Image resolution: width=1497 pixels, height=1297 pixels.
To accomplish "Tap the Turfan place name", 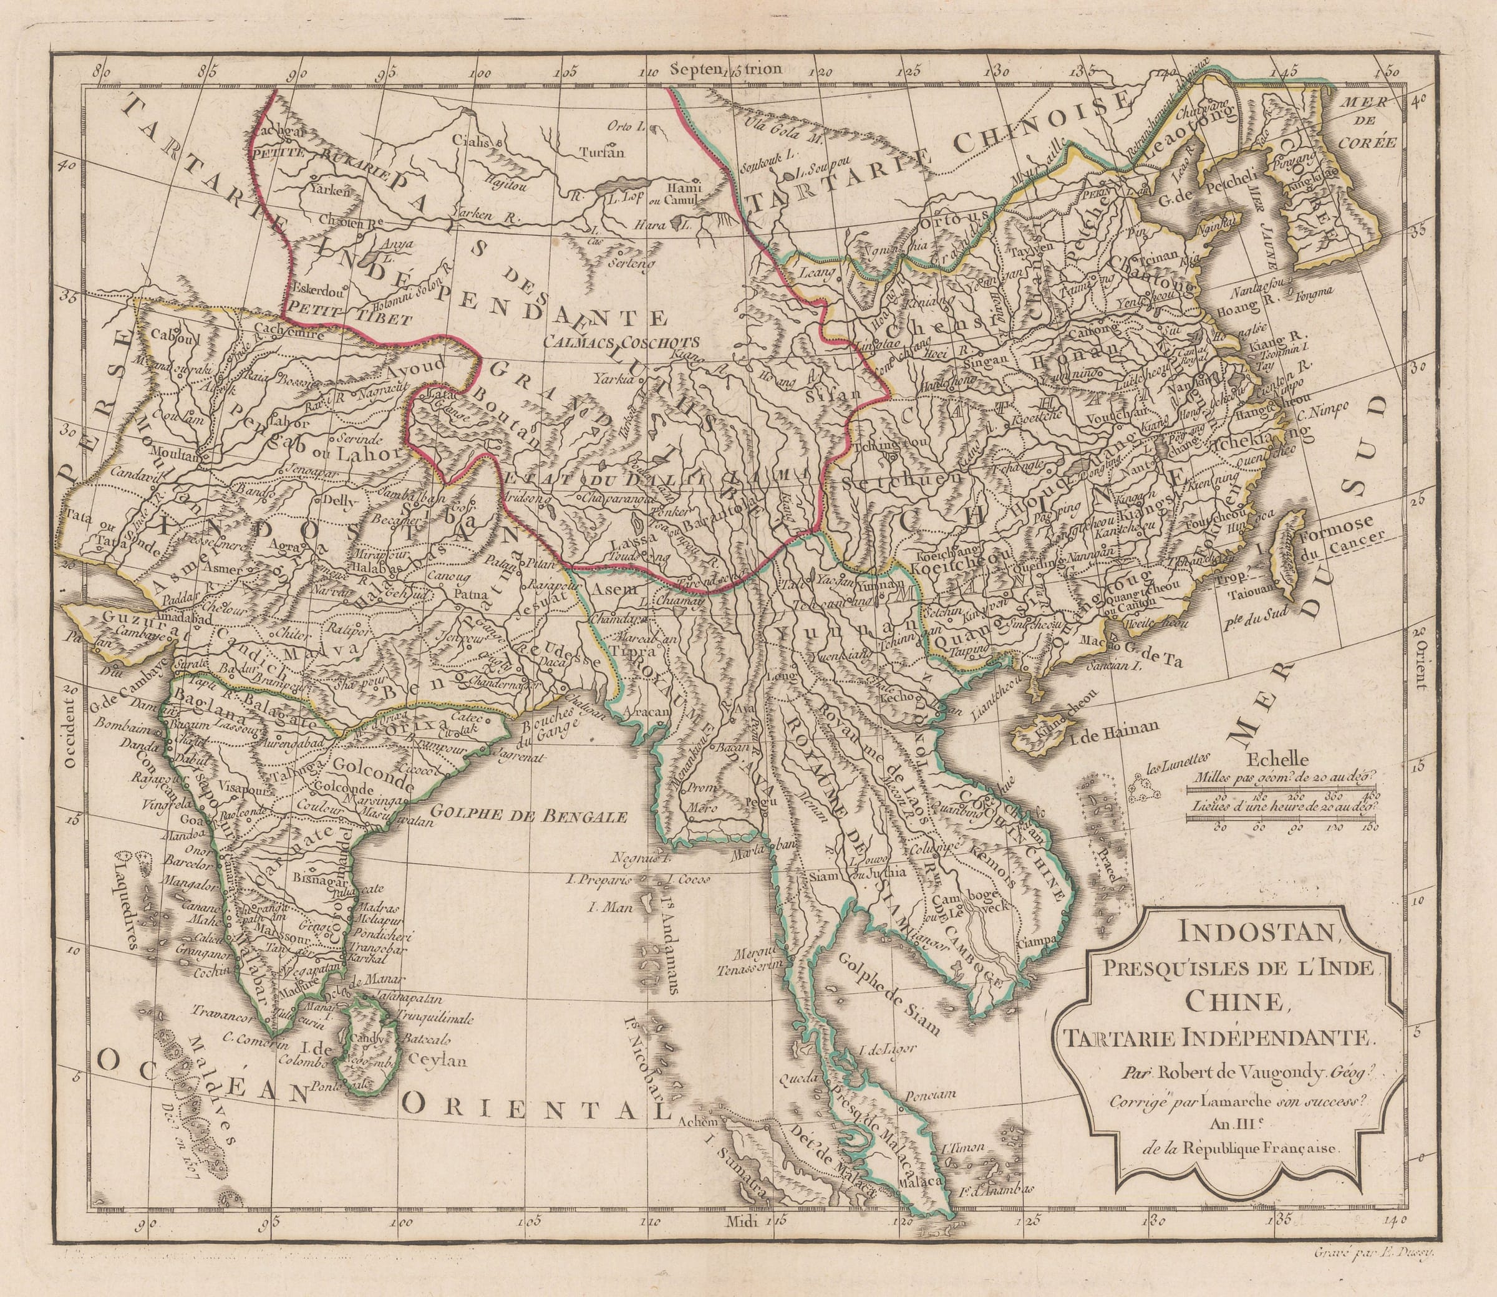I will [601, 152].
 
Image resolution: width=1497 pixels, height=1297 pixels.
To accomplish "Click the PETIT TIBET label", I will [349, 316].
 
